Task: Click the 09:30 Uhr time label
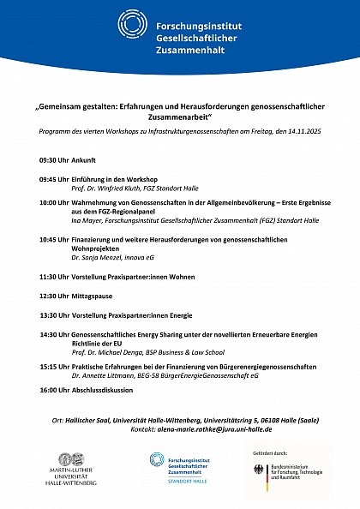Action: pyautogui.click(x=54, y=160)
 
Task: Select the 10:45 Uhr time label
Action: pyautogui.click(x=54, y=241)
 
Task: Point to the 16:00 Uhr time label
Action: pyautogui.click(x=54, y=390)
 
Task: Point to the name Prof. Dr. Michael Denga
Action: pyautogui.click(x=107, y=352)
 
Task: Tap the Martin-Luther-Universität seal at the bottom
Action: pyautogui.click(x=75, y=461)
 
